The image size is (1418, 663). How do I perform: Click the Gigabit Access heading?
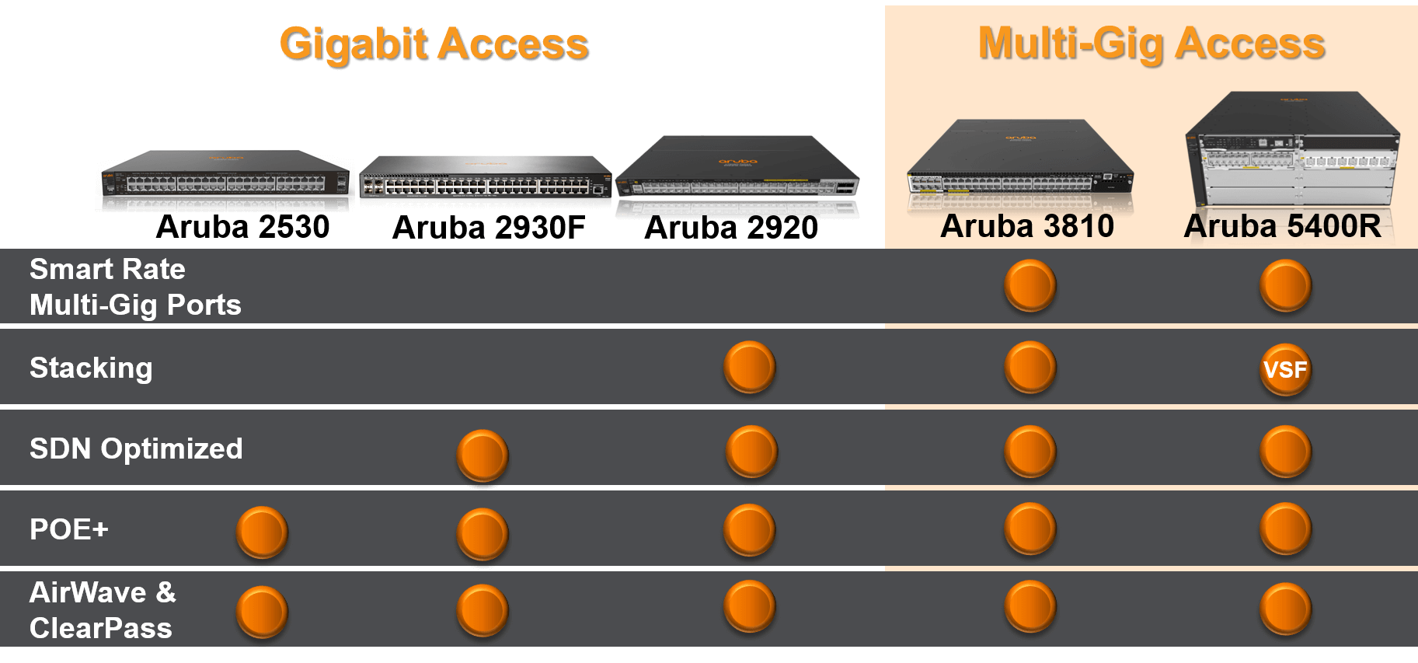pyautogui.click(x=434, y=44)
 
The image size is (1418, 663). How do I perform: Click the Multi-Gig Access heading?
pyautogui.click(x=1151, y=44)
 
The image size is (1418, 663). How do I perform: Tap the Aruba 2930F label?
pyautogui.click(x=489, y=227)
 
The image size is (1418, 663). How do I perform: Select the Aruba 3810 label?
pyautogui.click(x=1027, y=226)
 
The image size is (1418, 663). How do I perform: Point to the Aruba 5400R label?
pyautogui.click(x=1283, y=226)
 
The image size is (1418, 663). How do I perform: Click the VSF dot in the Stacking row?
pyautogui.click(x=1285, y=369)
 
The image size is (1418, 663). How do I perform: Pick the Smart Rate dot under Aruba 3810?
pyautogui.click(x=1030, y=285)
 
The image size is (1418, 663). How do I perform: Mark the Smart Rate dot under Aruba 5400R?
pyautogui.click(x=1285, y=285)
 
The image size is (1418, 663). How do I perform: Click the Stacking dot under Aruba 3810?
pyautogui.click(x=1030, y=367)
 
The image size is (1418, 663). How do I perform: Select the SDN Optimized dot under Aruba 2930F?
pyautogui.click(x=483, y=455)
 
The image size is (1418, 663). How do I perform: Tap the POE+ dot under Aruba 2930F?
pyautogui.click(x=483, y=534)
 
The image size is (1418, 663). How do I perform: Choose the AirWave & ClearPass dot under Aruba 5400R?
pyautogui.click(x=1285, y=609)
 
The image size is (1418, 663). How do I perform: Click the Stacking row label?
pyautogui.click(x=91, y=368)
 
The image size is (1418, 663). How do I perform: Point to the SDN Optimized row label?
pyautogui.click(x=136, y=448)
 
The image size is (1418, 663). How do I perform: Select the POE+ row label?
pyautogui.click(x=69, y=529)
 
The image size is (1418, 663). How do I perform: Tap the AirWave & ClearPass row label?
pyautogui.click(x=103, y=610)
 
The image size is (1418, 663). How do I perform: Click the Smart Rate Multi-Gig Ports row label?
pyautogui.click(x=135, y=287)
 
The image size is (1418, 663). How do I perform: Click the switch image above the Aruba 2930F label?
pyautogui.click(x=486, y=178)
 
